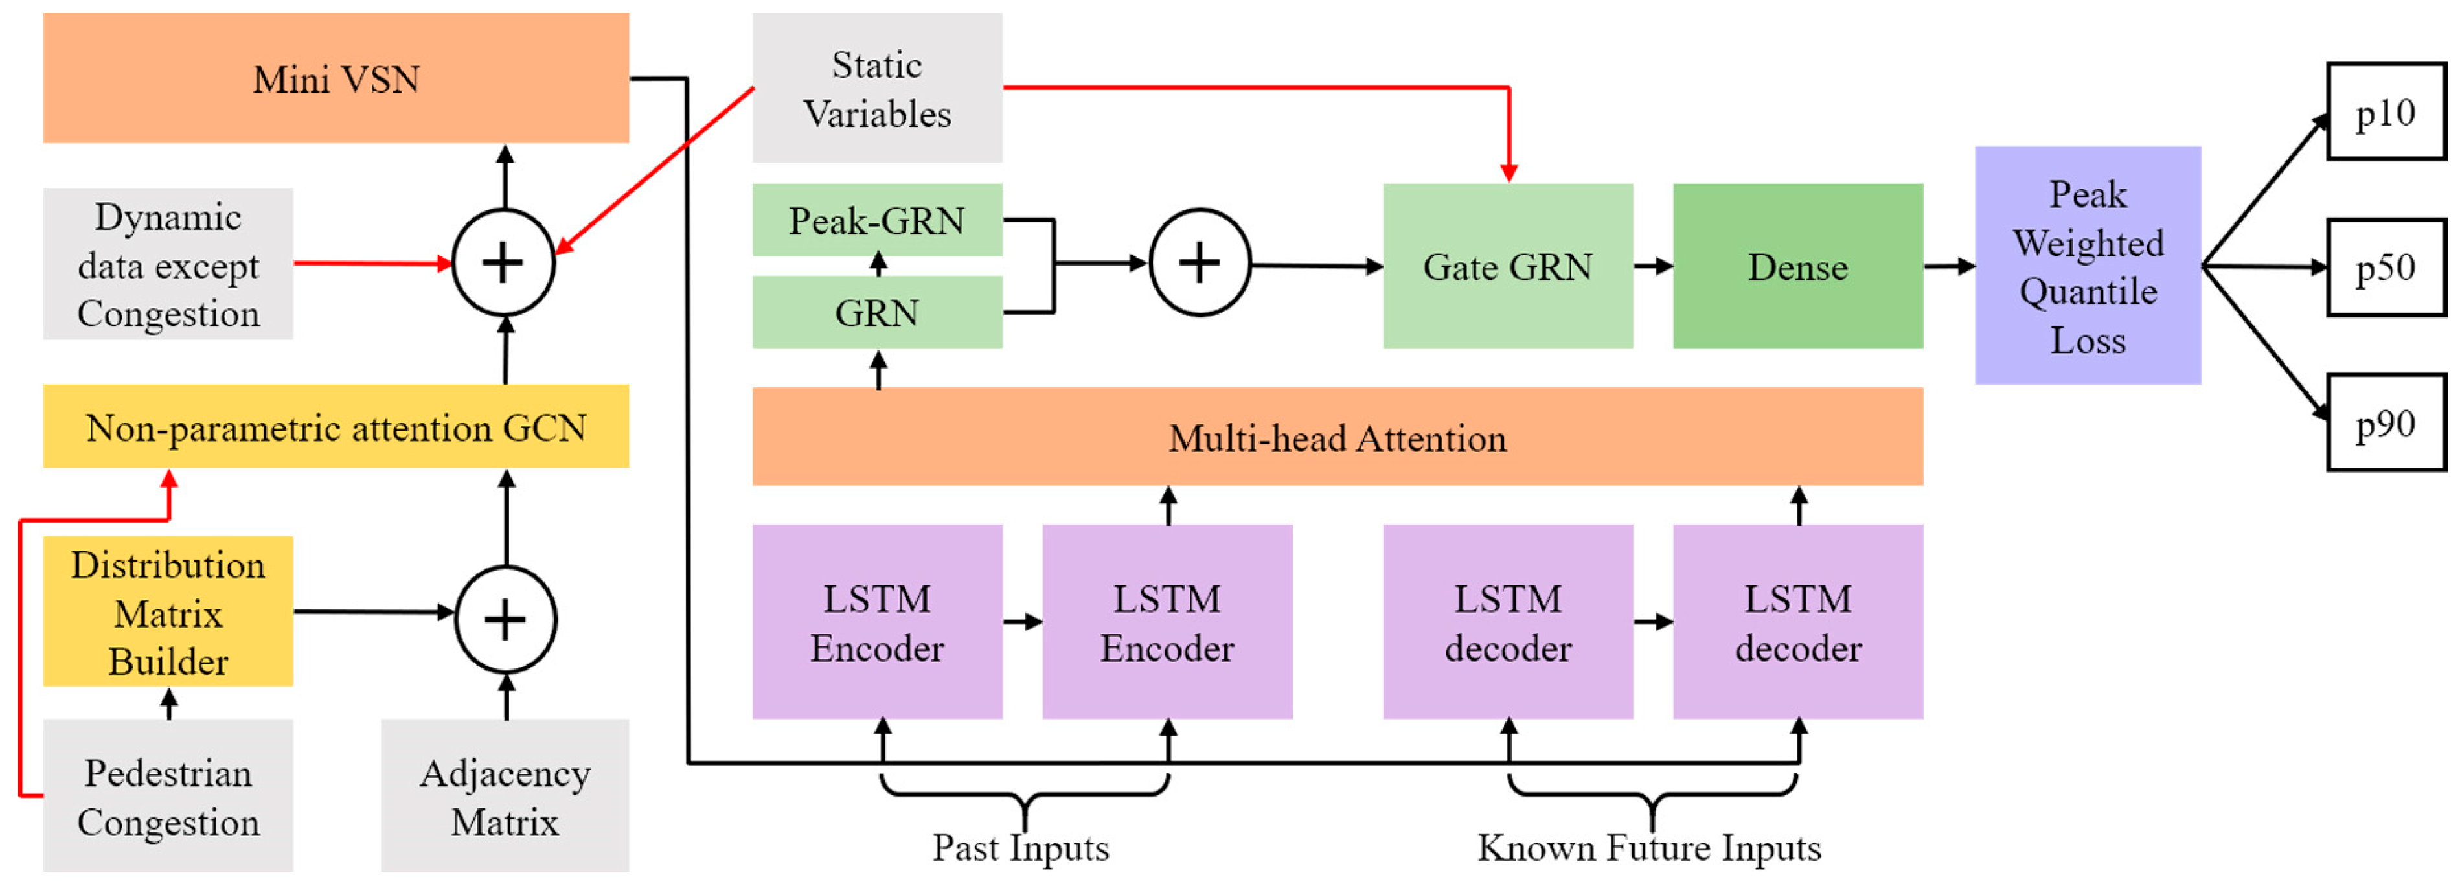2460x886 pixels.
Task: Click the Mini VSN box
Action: (x=336, y=78)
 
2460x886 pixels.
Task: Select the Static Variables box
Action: (x=876, y=88)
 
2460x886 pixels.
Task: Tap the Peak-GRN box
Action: (x=876, y=221)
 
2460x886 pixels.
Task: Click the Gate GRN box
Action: (x=1507, y=266)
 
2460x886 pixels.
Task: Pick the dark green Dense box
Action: (x=1797, y=266)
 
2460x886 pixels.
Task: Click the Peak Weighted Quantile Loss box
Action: (x=2088, y=266)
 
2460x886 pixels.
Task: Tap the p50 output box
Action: (x=2385, y=267)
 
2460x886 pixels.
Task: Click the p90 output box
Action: (x=2385, y=423)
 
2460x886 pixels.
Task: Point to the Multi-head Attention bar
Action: (x=1337, y=437)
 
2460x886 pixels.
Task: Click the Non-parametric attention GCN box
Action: (x=336, y=427)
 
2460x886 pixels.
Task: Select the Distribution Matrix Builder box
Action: (x=168, y=612)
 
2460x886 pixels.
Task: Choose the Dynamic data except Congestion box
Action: (x=168, y=264)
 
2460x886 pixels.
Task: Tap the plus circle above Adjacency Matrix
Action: (x=505, y=620)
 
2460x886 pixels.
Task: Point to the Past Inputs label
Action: (x=1020, y=847)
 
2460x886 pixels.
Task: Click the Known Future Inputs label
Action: (x=1648, y=847)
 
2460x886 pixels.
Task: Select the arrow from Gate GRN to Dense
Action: (x=1652, y=266)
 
